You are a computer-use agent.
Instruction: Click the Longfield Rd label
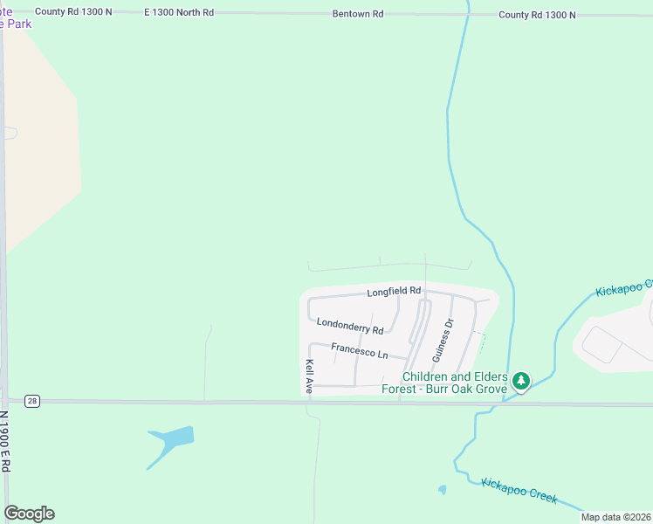[x=394, y=291]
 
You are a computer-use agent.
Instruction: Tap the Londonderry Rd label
[x=350, y=327]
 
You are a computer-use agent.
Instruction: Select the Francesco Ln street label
[x=360, y=350]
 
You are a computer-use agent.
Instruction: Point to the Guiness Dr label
[x=443, y=341]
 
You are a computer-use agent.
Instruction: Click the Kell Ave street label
[x=309, y=377]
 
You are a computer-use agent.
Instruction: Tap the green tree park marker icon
[x=521, y=381]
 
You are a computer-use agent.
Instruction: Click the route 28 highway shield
[x=32, y=401]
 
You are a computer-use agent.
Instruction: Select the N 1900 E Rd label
[x=5, y=441]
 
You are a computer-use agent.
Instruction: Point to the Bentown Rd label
[x=358, y=15]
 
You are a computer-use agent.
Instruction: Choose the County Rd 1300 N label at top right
[x=537, y=15]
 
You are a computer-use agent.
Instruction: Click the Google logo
[x=29, y=514]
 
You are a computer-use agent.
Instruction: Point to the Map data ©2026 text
[x=615, y=517]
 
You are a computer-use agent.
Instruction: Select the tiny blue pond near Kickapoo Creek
[x=443, y=490]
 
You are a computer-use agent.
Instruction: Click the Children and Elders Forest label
[x=444, y=383]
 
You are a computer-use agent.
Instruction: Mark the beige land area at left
[x=39, y=148]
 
